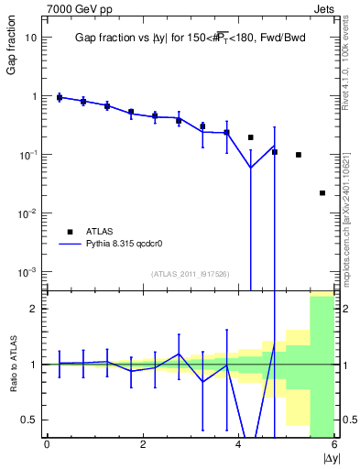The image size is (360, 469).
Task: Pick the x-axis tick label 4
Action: pos(238,445)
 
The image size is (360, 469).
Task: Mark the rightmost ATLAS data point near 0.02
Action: pos(322,193)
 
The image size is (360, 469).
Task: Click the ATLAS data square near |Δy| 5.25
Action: pos(299,155)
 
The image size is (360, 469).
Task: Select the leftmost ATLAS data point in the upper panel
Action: pos(60,97)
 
